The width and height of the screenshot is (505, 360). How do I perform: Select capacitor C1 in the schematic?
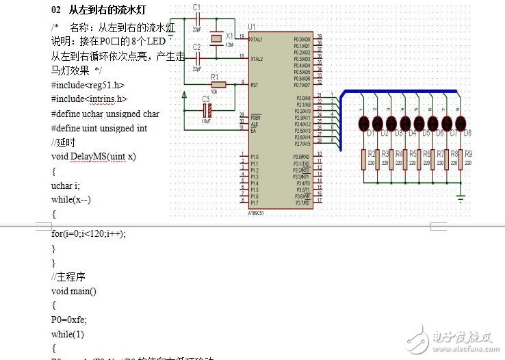tap(196, 20)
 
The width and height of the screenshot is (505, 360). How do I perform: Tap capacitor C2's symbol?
tap(196, 58)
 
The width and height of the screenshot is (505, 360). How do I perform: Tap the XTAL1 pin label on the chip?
tap(258, 39)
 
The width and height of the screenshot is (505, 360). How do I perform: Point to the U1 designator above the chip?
tap(252, 25)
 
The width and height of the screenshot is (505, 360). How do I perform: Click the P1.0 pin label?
tap(255, 157)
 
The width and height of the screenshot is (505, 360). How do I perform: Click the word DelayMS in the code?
tap(88, 157)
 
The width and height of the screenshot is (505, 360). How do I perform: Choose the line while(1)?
tap(67, 334)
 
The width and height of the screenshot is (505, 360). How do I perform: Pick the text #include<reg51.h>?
tap(88, 85)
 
